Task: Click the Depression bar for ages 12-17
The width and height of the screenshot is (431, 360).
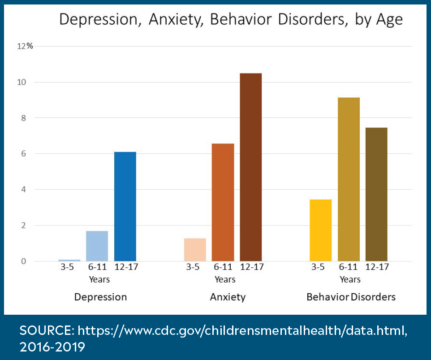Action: tap(125, 206)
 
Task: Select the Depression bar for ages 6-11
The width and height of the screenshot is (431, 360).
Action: tap(97, 246)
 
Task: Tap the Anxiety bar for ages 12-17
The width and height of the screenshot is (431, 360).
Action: tap(250, 167)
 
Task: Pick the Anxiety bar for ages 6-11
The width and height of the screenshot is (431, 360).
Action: tap(223, 202)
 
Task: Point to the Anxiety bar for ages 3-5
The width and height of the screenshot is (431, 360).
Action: tap(195, 249)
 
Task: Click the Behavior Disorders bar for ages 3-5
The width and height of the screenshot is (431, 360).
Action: tap(321, 230)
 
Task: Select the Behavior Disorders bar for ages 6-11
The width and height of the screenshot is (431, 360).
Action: tap(349, 179)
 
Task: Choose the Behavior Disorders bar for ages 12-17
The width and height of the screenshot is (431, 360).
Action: tap(376, 194)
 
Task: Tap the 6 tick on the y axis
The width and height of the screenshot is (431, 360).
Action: tap(24, 154)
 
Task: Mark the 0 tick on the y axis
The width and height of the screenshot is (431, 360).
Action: tap(24, 261)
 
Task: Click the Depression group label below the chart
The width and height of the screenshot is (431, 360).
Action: tap(100, 297)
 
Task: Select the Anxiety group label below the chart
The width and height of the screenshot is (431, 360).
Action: tap(228, 297)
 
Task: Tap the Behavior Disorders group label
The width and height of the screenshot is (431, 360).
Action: tap(351, 297)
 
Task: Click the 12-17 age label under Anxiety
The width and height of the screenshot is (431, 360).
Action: tap(251, 268)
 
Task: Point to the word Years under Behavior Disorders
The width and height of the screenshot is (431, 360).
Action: tap(350, 279)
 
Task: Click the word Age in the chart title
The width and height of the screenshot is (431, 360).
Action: tap(389, 20)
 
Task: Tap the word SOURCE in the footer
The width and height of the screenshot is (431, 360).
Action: tap(46, 331)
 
